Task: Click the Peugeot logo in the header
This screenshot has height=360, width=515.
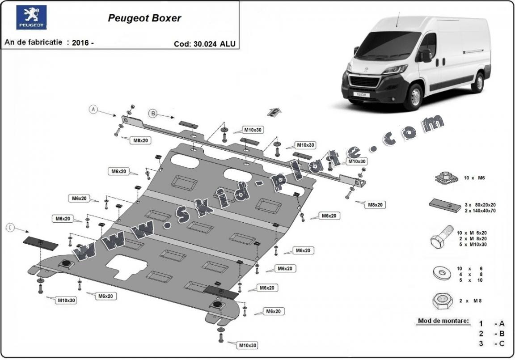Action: (x=31, y=17)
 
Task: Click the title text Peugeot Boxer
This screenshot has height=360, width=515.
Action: (x=144, y=18)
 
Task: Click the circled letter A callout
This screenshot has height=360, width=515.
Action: (x=93, y=109)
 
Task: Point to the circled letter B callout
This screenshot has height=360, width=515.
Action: (x=153, y=114)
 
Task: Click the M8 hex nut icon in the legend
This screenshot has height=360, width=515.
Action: (x=442, y=301)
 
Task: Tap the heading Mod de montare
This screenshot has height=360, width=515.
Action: (x=443, y=321)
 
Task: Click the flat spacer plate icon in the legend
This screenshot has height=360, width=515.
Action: (x=445, y=205)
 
